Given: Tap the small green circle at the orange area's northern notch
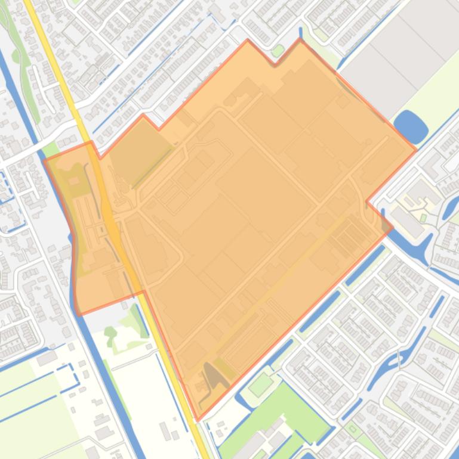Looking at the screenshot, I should point(277,51).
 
